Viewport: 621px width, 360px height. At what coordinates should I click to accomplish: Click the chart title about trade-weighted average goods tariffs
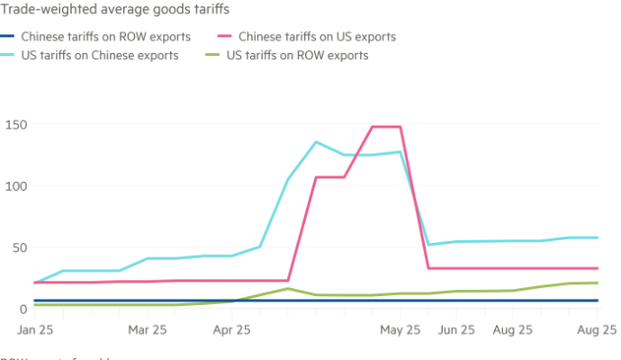(x=118, y=9)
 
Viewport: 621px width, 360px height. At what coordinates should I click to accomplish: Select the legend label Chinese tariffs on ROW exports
(x=105, y=38)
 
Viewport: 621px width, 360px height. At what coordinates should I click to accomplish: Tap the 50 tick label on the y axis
(x=12, y=246)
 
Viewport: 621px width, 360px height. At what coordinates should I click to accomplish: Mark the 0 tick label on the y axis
(x=7, y=308)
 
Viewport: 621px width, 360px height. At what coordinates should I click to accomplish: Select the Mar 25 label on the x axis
(x=148, y=330)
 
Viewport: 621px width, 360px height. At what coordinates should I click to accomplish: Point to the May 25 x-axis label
(x=400, y=330)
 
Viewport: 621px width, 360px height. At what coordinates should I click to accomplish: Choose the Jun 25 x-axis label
(x=456, y=330)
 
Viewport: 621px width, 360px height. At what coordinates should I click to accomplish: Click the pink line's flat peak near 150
(x=386, y=126)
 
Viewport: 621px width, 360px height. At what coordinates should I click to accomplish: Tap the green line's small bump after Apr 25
(x=287, y=289)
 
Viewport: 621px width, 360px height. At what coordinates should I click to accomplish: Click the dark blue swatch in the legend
(x=8, y=38)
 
